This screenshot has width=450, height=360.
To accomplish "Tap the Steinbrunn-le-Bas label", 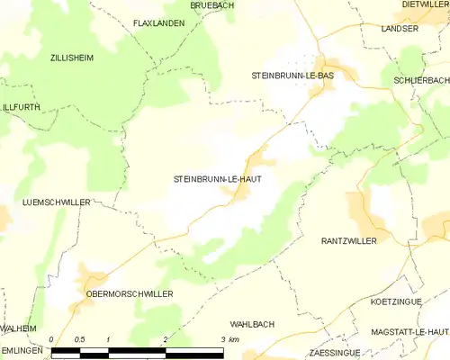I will click(292, 76).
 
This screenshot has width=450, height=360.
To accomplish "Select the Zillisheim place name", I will click(69, 57).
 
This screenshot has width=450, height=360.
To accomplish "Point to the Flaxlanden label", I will click(158, 23).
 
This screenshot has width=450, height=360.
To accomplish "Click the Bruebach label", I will click(211, 5).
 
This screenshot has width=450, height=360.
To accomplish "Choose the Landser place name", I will click(400, 29).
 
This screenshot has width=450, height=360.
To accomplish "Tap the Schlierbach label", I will click(420, 80).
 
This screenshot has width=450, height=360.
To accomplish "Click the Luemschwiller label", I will click(56, 202).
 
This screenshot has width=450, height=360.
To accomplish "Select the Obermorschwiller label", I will click(129, 293).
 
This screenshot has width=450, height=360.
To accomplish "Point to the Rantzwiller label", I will click(349, 241).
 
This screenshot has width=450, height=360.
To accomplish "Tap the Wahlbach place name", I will click(251, 323).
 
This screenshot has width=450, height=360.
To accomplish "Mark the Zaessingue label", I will click(334, 353).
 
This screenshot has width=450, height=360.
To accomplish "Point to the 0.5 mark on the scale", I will click(79, 339).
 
